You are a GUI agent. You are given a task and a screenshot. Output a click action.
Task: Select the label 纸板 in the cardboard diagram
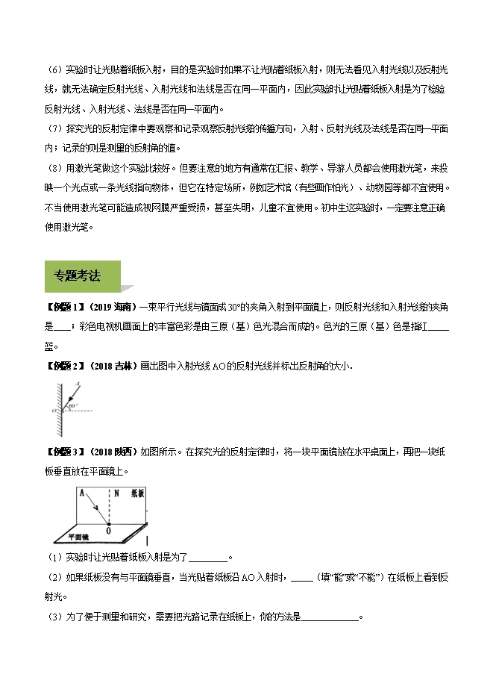138,493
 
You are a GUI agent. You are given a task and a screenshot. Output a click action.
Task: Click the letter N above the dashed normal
110,493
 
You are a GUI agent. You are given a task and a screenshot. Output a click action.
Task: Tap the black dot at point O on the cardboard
109,524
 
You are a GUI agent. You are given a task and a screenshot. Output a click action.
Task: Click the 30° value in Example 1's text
232,306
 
